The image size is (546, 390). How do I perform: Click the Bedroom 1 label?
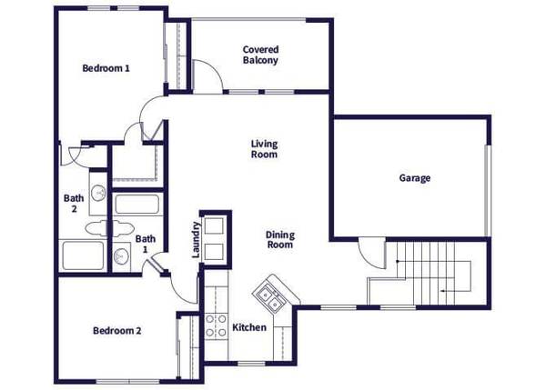click(106, 68)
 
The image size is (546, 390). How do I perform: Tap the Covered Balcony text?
click(260, 55)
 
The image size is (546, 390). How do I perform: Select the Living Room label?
click(264, 149)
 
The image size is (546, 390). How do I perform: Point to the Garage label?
click(414, 178)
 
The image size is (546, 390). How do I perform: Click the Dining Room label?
click(279, 240)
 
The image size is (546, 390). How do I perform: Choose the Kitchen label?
click(249, 327)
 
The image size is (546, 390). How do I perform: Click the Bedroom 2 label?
click(116, 330)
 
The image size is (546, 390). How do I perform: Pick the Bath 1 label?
click(145, 245)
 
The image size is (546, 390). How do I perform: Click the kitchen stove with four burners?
click(216, 325)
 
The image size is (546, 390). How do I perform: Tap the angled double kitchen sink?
click(269, 294)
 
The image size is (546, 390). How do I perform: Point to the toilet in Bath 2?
click(96, 227)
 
